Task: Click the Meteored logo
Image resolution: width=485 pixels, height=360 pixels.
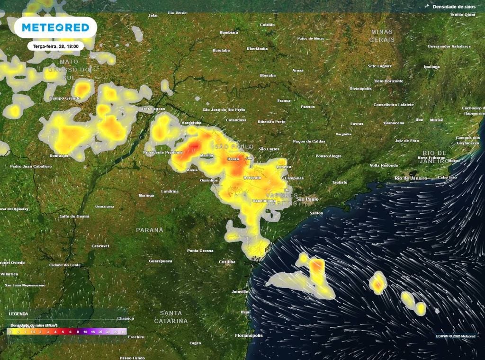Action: [55, 27]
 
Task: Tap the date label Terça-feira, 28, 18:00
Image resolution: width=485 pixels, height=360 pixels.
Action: [56, 46]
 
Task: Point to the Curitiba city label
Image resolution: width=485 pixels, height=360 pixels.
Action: [227, 262]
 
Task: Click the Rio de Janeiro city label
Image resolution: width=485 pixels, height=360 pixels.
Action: [411, 178]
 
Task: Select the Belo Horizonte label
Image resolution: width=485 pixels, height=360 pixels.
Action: [389, 81]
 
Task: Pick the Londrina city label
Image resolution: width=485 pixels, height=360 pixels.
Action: [170, 191]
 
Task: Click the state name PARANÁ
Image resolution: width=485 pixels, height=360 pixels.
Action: [150, 230]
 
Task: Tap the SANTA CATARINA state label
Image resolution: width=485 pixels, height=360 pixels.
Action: [171, 317]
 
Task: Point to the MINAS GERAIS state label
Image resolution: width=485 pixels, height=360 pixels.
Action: [382, 35]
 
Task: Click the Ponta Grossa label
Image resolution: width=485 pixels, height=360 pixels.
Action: [199, 251]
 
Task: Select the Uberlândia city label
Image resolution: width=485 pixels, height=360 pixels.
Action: [257, 48]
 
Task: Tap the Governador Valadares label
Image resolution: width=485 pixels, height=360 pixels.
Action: [449, 46]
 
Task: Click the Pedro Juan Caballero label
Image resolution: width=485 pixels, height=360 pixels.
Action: [31, 166]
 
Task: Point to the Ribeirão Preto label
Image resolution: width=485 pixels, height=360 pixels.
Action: [271, 122]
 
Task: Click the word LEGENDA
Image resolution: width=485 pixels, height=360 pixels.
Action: [18, 314]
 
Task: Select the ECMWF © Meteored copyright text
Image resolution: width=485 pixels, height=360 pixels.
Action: [455, 336]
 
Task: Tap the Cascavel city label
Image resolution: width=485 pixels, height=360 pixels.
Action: [100, 246]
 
